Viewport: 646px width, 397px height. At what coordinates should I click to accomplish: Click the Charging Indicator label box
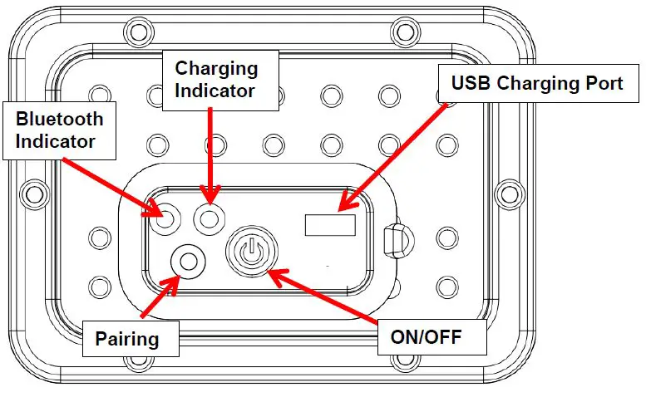(x=215, y=79)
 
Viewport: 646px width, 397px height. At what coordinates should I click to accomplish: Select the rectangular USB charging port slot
(x=330, y=224)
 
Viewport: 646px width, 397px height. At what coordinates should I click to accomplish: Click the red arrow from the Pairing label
(x=160, y=296)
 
